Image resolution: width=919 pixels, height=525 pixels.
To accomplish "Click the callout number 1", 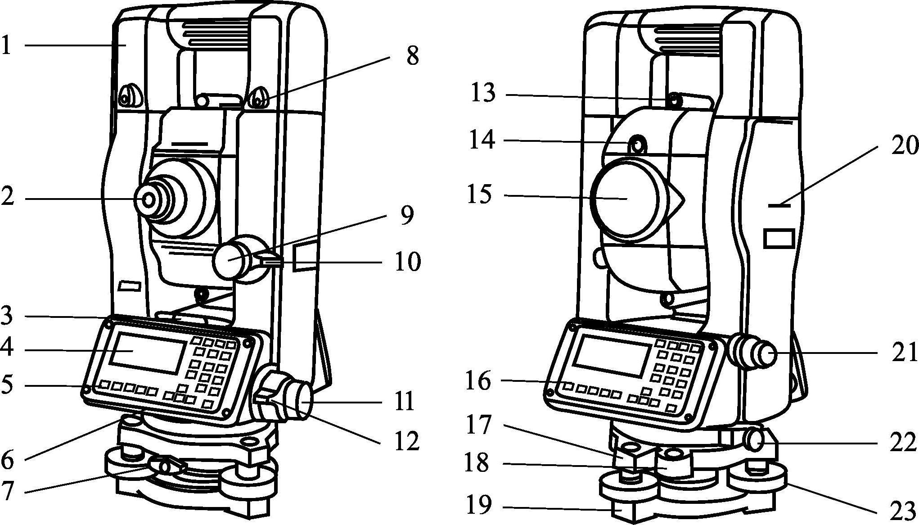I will (6, 45).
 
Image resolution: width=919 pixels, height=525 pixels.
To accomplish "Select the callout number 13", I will (483, 94).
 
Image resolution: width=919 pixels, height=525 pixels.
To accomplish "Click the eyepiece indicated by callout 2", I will (149, 199).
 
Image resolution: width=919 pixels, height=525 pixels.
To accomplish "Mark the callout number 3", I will (6, 316).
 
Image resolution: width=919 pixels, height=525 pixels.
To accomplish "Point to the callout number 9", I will (406, 216).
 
